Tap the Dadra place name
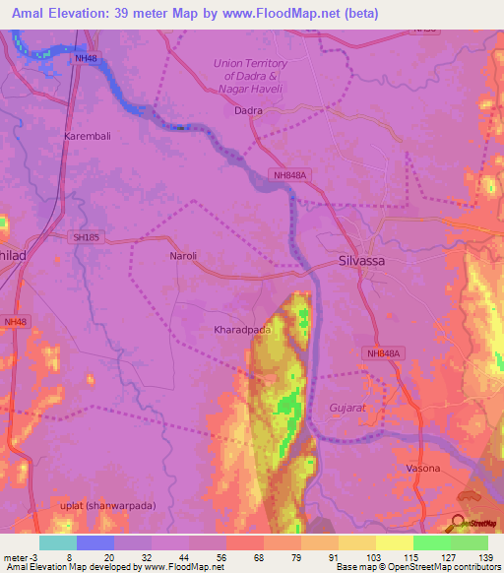tap(248, 110)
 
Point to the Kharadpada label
tap(243, 331)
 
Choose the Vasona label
tap(423, 468)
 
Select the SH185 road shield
tap(87, 238)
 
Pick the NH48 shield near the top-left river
tap(86, 59)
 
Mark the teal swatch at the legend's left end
tap(58, 541)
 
